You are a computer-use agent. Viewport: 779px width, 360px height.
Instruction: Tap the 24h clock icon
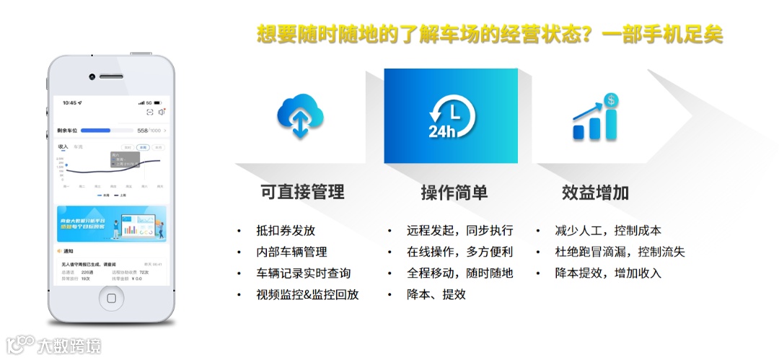(452, 116)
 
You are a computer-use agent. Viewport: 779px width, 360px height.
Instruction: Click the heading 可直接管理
(302, 193)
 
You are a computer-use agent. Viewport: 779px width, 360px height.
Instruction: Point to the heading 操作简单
(454, 193)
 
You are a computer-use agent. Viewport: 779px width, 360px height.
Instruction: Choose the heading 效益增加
(595, 193)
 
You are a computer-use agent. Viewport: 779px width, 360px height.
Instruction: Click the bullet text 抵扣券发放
(286, 231)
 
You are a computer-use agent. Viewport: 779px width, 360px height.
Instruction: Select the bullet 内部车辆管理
(291, 252)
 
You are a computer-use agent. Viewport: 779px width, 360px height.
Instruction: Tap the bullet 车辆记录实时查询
(303, 273)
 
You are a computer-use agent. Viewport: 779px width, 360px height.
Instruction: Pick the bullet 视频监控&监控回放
(307, 294)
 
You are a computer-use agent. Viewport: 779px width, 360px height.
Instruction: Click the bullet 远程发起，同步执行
(459, 231)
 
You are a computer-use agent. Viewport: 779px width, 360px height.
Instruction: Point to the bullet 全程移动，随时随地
(459, 273)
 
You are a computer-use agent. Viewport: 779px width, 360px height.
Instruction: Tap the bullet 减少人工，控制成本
(608, 231)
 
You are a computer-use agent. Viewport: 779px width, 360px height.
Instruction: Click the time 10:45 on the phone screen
(70, 102)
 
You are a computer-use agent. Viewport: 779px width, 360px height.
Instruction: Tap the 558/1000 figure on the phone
(149, 131)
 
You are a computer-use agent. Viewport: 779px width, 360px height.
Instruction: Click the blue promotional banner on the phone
(111, 224)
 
